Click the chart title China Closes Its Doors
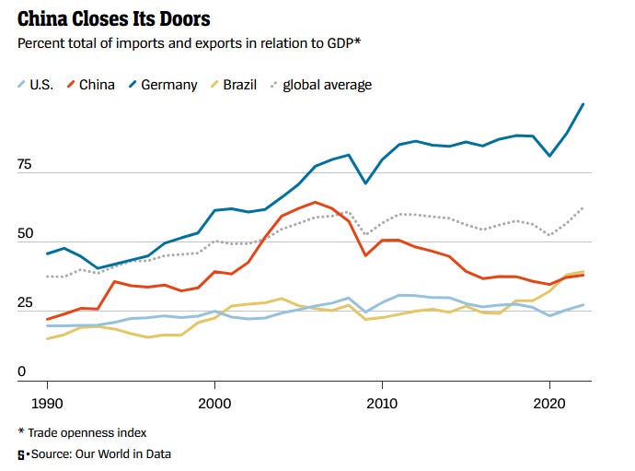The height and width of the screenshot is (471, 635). click(x=114, y=18)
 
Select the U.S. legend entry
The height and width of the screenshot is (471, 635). click(x=41, y=85)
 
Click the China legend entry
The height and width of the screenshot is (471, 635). click(x=97, y=85)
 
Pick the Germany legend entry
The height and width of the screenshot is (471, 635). click(x=168, y=85)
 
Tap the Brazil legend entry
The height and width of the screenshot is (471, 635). click(x=238, y=85)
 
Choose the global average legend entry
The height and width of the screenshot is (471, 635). click(x=327, y=85)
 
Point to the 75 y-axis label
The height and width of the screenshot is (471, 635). click(x=25, y=166)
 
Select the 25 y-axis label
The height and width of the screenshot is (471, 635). click(x=25, y=303)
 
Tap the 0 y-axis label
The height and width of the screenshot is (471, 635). click(x=22, y=371)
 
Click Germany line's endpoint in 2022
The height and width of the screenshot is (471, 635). click(x=583, y=104)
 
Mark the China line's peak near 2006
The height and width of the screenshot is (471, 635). click(x=316, y=202)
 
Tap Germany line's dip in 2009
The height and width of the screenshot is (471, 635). click(x=365, y=183)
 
